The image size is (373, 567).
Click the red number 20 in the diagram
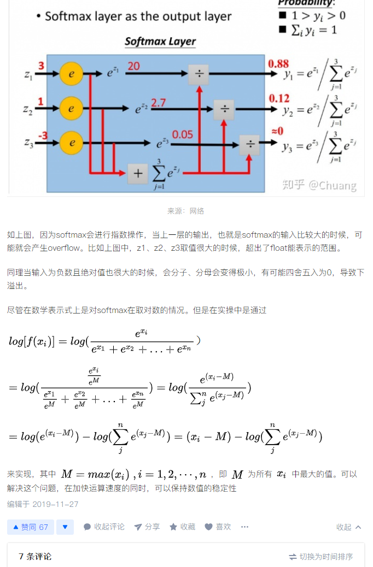[x=133, y=66]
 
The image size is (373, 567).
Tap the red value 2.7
[x=159, y=103]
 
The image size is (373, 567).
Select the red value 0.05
[x=183, y=134]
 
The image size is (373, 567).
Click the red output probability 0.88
[x=278, y=64]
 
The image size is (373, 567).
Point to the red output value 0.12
[x=279, y=98]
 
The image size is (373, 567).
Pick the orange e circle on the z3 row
[x=71, y=143]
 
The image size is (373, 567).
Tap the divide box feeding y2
[x=224, y=109]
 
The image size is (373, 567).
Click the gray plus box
[x=138, y=174]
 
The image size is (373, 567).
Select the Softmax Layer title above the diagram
[x=160, y=42]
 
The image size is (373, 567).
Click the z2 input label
[x=28, y=109]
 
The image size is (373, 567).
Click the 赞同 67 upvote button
[x=31, y=527]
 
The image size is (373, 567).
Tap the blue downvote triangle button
[x=65, y=527]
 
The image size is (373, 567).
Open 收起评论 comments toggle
[x=104, y=527]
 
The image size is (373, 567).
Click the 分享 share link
[x=147, y=527]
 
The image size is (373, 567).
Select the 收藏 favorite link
[x=182, y=527]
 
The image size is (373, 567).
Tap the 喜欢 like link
[x=218, y=527]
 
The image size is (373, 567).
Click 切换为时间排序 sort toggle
[x=321, y=557]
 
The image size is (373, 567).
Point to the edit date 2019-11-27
[x=55, y=504]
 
